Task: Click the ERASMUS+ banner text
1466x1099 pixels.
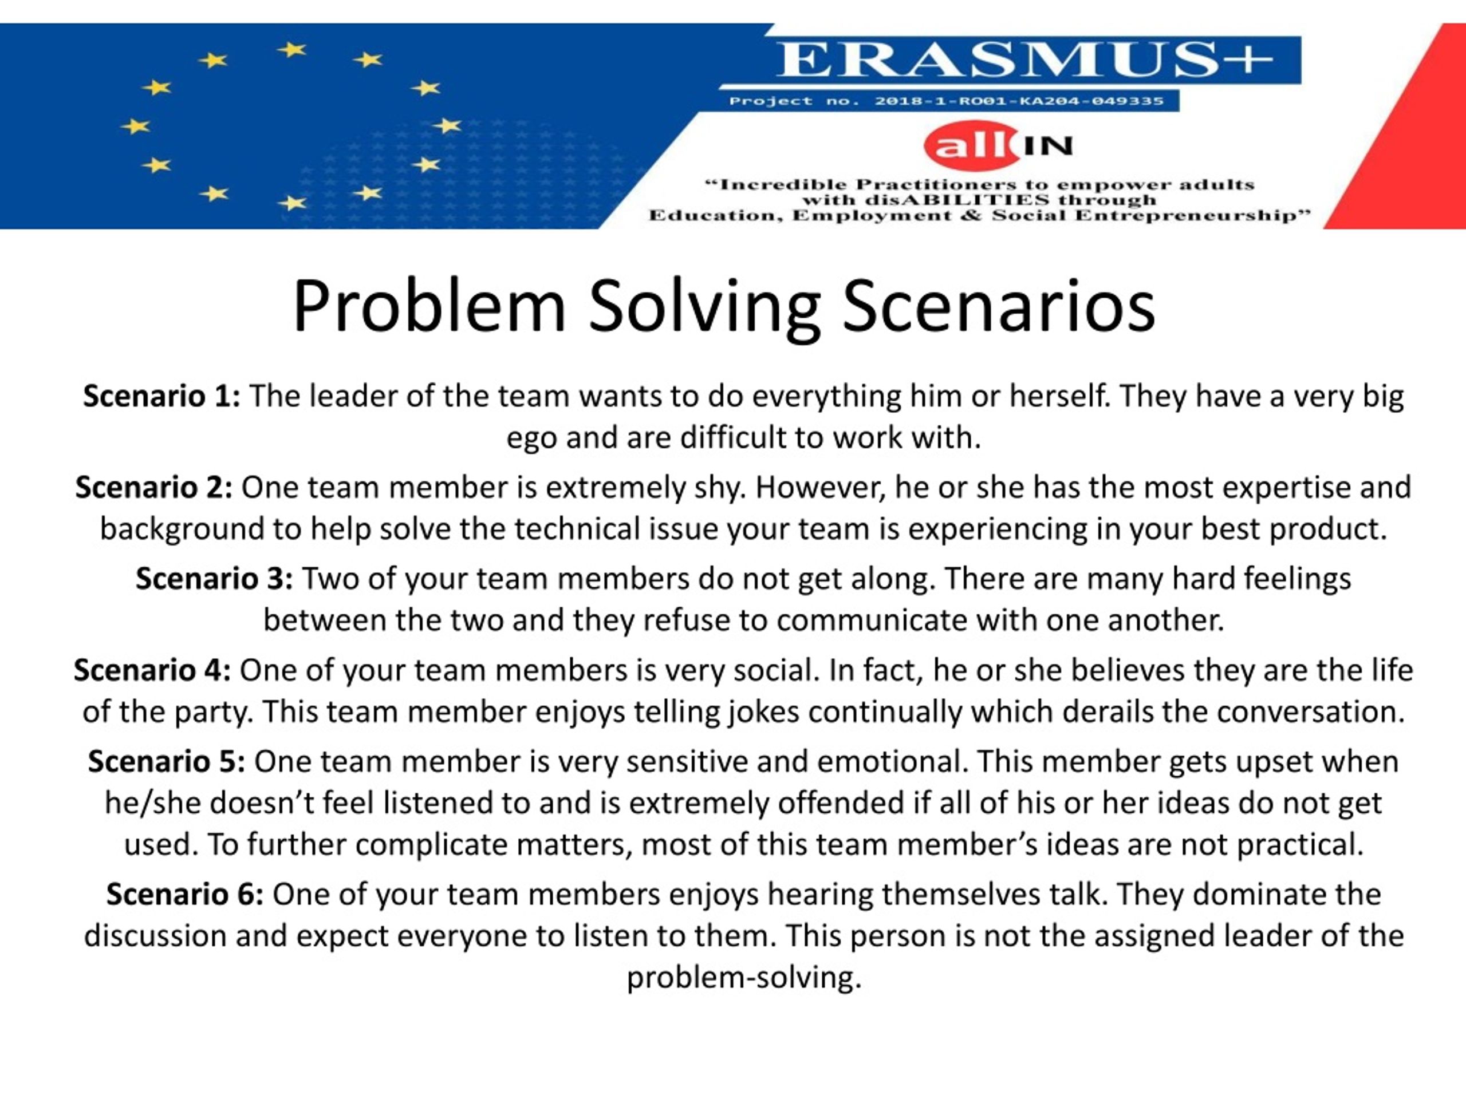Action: pos(1024,60)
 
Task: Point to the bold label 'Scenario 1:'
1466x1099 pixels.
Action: pos(161,396)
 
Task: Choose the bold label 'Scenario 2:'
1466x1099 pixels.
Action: pos(153,488)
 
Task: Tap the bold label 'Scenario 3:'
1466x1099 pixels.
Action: pos(214,578)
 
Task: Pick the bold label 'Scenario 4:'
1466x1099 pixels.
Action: pos(152,670)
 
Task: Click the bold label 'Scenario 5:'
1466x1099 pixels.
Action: pos(166,761)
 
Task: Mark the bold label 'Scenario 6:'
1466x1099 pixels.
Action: pos(185,894)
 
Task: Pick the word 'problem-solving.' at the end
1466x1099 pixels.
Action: pos(744,978)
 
